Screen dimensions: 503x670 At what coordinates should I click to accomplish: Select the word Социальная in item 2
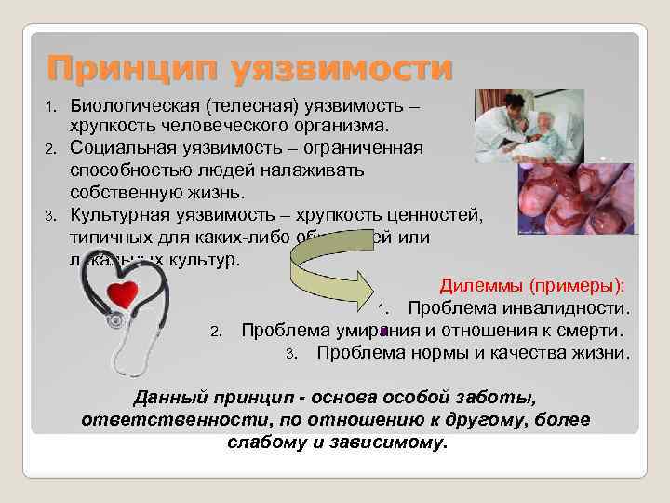tap(126, 149)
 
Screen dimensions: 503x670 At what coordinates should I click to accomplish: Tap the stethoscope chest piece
tap(116, 320)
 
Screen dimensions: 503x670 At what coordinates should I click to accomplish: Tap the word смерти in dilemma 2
tap(595, 330)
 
